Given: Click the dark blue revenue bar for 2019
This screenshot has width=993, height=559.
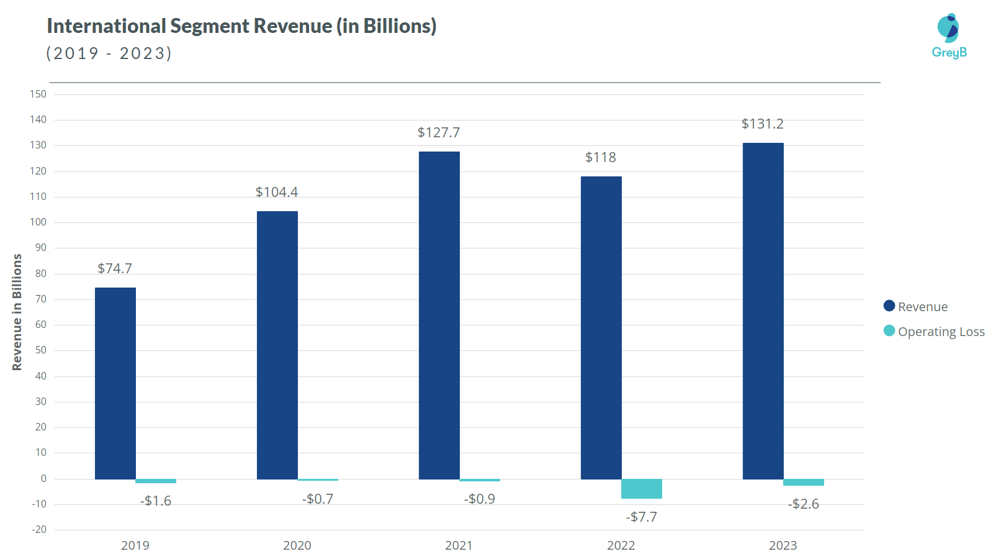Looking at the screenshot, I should (115, 383).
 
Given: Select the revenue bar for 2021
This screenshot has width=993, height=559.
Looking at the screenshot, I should (439, 315).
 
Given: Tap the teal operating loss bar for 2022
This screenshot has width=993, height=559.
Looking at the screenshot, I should (641, 489).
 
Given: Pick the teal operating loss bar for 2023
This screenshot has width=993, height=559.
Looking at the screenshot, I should (803, 483).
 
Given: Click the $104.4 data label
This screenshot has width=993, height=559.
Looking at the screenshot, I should (277, 193).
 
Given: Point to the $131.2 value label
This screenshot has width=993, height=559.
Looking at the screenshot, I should (762, 124).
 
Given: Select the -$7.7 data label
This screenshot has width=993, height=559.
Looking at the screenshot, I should (641, 517).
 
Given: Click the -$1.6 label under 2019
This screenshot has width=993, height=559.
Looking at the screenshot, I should (156, 501).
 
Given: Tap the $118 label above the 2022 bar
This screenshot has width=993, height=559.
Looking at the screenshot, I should (600, 158).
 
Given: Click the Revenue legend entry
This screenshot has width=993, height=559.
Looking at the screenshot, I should (916, 307).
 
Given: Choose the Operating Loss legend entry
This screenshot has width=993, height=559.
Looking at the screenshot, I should (935, 332).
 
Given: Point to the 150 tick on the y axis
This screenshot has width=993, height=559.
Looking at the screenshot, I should (38, 94).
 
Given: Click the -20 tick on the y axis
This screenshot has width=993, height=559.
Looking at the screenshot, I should (39, 530).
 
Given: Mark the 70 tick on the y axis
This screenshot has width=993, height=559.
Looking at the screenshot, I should (41, 299).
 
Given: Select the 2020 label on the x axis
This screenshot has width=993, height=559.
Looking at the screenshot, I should (297, 545).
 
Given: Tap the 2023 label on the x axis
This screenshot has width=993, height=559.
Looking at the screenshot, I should (783, 545).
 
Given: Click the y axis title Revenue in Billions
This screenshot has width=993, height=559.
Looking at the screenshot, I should (17, 312).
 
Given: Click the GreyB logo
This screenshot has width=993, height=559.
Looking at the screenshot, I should (949, 36).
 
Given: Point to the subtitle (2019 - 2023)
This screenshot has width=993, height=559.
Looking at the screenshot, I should (109, 53).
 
